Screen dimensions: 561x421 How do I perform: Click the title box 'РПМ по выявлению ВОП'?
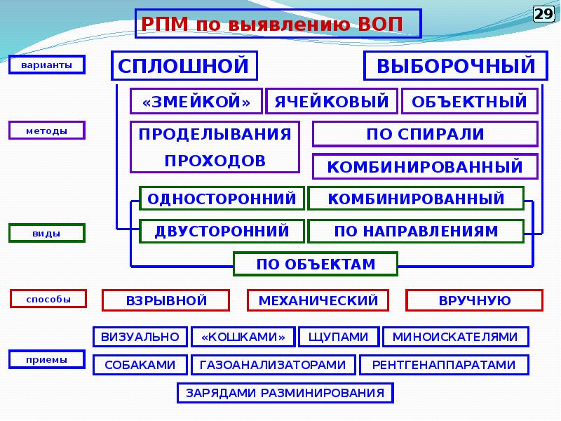coord(278,24)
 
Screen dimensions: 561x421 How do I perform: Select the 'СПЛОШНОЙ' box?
coord(184,66)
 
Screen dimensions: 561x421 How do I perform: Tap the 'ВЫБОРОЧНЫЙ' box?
coord(456,66)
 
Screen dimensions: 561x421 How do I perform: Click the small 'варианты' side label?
coord(46,65)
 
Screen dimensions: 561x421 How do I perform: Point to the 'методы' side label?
coord(46,131)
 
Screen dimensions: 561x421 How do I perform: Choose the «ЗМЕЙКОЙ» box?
coord(196,102)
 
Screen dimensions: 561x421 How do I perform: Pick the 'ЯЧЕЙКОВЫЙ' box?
coord(332,102)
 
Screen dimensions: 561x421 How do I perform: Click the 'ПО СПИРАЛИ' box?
coord(425,134)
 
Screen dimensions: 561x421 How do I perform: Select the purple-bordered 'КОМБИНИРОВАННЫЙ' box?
coord(425,167)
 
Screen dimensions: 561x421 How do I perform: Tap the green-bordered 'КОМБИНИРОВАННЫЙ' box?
coord(416,199)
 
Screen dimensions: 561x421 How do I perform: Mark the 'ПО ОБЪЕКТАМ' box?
coord(316,264)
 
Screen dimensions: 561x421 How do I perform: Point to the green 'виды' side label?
coord(46,233)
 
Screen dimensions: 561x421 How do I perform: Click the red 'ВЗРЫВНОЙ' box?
coord(166,301)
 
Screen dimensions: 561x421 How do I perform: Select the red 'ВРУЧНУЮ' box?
coord(474,301)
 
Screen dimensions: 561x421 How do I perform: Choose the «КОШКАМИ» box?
coord(243,337)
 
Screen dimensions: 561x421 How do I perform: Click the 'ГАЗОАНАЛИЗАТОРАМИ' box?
coord(273,365)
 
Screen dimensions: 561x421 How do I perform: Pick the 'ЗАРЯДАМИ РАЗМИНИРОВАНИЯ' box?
coord(284,393)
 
